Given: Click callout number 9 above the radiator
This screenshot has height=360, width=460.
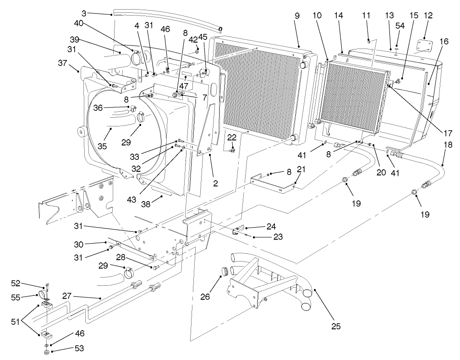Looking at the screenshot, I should [297, 16].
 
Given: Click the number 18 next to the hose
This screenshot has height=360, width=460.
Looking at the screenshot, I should [448, 145].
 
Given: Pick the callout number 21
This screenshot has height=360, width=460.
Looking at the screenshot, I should [300, 169].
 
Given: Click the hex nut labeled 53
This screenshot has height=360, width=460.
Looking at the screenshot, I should [47, 353].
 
